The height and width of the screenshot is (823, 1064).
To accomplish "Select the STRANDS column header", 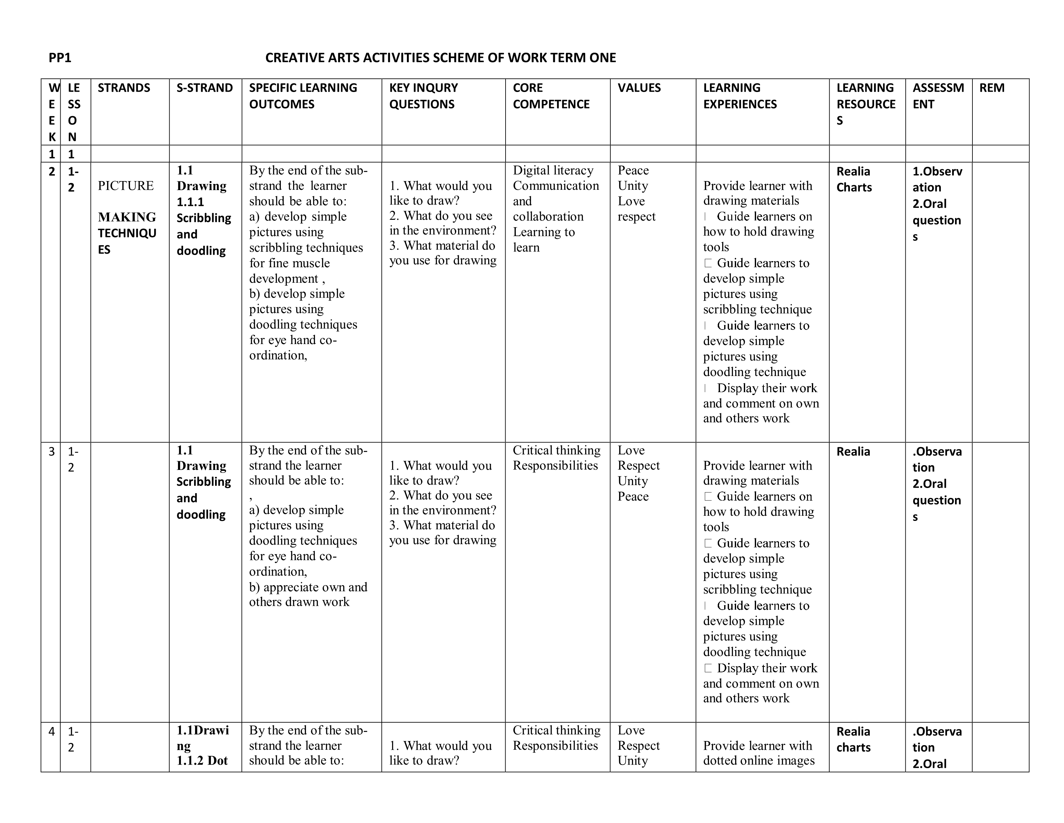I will (124, 88).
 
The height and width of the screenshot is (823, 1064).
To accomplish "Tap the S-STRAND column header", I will (205, 88).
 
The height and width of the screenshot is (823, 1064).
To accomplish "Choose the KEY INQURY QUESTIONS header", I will (423, 96).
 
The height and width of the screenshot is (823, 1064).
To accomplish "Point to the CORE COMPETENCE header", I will (551, 96).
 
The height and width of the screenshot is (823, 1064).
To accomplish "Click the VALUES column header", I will (639, 88).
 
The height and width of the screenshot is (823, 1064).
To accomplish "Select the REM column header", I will (992, 88).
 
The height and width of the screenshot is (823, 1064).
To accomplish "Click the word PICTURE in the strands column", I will (126, 186).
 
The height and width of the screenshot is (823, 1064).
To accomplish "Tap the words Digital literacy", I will (553, 170).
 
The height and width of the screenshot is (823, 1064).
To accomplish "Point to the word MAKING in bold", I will (127, 217).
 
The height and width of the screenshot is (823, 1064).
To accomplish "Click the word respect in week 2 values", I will (636, 217).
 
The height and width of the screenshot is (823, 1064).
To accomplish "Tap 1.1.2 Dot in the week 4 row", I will (202, 761).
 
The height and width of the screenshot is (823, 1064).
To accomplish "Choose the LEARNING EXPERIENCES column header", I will (740, 96).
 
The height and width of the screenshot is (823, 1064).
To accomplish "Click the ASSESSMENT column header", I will (938, 96).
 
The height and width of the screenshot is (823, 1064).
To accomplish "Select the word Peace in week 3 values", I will (633, 496).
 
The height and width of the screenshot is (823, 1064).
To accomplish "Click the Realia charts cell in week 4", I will (853, 739).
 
